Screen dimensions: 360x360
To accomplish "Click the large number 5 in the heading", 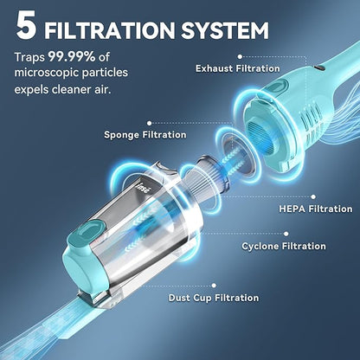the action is point(26,25).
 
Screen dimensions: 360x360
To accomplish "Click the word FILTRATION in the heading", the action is point(110,30).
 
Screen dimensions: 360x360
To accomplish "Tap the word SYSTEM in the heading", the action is point(225,30).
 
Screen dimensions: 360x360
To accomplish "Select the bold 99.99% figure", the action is point(72,57).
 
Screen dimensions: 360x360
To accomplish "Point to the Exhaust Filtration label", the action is point(238,68).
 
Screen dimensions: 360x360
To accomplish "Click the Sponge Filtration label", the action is point(145,135).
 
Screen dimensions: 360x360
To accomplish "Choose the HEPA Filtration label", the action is point(316,209).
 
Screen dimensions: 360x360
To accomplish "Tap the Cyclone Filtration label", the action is point(284,246).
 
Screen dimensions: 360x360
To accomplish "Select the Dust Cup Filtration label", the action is point(214,298).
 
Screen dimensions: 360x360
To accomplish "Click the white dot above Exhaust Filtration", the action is point(240,57).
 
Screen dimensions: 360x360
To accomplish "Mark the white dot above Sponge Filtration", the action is point(149,123).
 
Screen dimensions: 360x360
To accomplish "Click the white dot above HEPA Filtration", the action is point(313,197).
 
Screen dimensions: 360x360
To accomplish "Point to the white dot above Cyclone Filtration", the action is point(286,234).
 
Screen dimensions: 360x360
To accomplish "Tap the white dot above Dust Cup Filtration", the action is point(214,286).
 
